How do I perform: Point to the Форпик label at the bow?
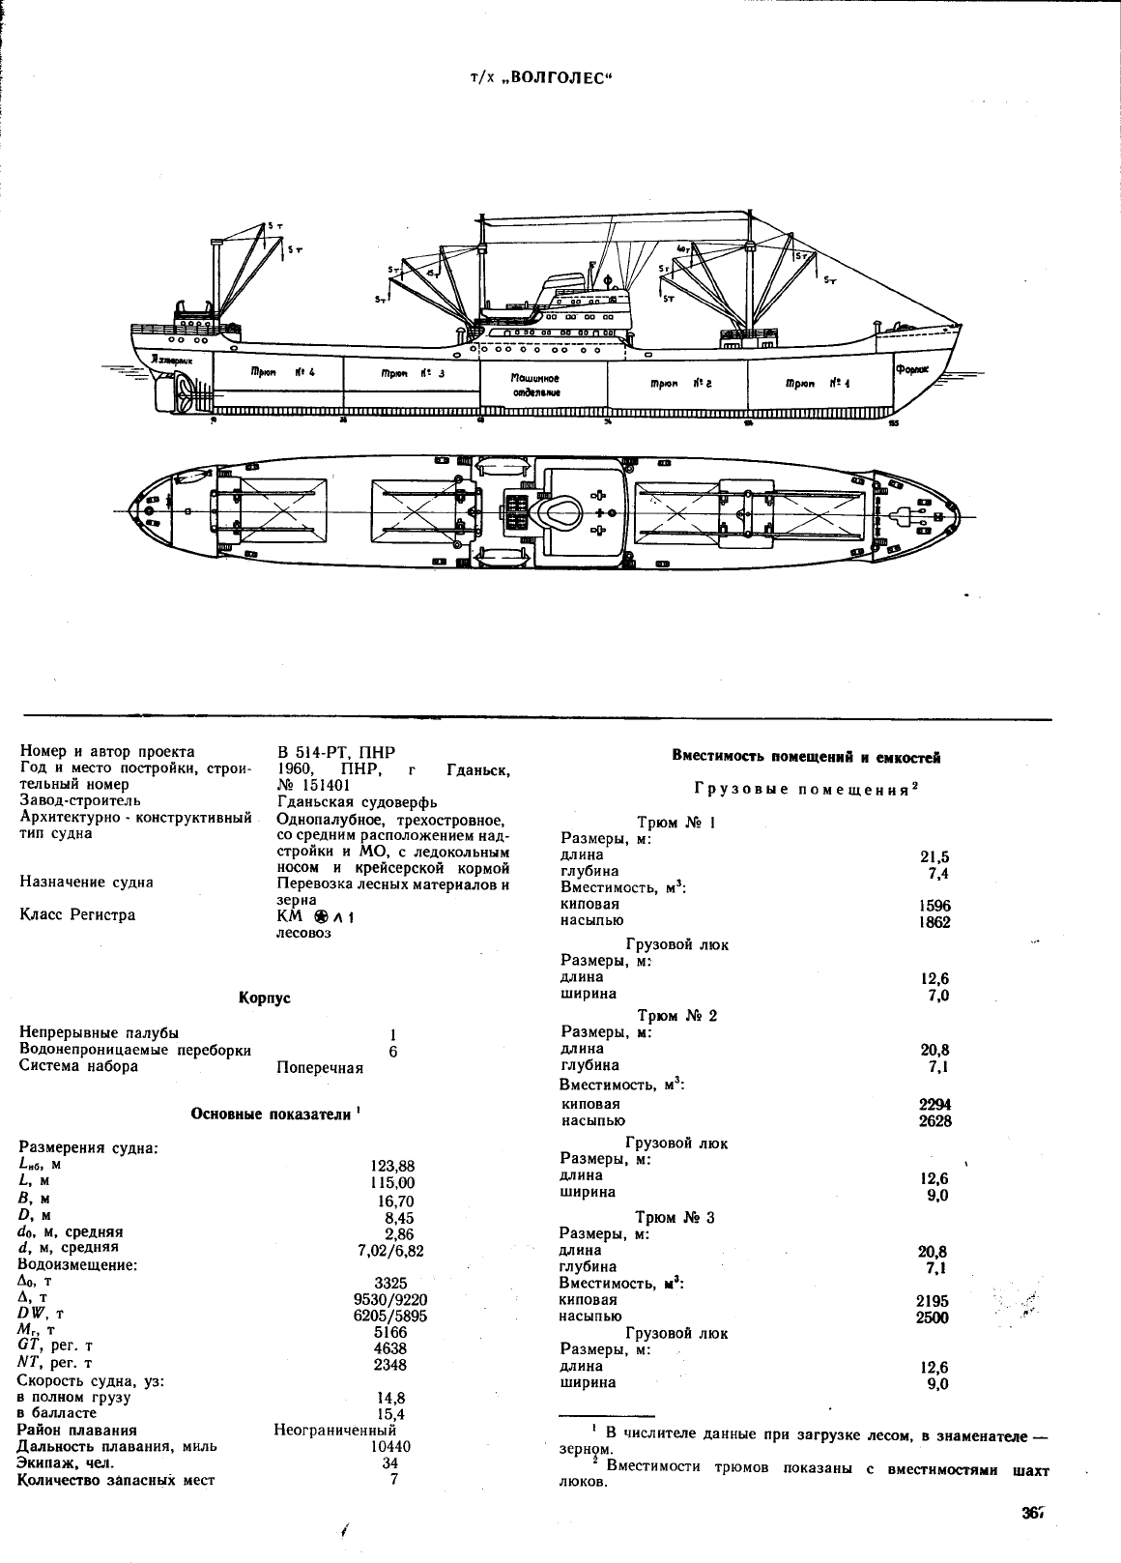click(910, 368)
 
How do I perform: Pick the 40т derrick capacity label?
click(684, 249)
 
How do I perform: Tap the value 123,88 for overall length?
click(393, 1167)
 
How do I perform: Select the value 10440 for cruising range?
click(391, 1447)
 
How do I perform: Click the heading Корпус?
click(264, 998)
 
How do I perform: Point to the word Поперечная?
click(320, 1067)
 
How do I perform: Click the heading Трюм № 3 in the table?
click(675, 1217)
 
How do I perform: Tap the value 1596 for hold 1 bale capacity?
click(934, 906)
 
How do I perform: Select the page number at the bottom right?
click(1033, 1514)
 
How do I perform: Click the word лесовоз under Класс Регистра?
click(303, 933)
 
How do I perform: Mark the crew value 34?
click(392, 1463)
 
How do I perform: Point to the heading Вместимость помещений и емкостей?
click(806, 757)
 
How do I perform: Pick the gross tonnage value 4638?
click(390, 1348)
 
